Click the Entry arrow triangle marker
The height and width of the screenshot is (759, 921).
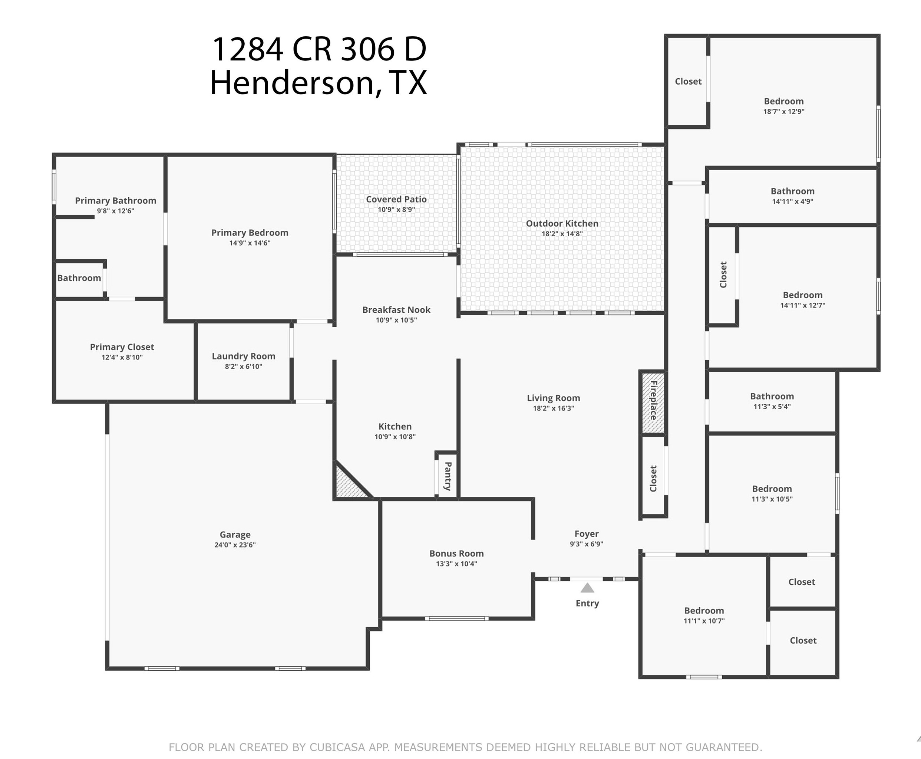point(587,588)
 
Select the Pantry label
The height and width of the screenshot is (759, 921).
point(448,476)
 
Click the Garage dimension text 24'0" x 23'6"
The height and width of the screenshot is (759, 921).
point(235,545)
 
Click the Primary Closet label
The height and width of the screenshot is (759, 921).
point(122,347)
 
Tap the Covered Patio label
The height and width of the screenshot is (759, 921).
point(396,199)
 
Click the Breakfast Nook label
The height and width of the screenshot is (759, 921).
point(396,309)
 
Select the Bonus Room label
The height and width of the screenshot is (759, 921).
point(456,553)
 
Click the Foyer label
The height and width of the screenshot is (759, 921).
point(586,533)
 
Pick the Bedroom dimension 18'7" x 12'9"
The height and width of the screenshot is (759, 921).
point(784,112)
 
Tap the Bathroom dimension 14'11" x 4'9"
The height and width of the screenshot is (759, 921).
point(793,201)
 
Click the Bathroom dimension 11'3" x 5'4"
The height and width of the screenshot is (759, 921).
point(772,406)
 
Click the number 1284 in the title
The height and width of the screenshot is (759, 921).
point(247,49)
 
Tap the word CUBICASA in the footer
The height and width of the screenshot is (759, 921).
point(337,747)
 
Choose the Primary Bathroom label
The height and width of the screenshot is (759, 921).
point(115,200)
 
